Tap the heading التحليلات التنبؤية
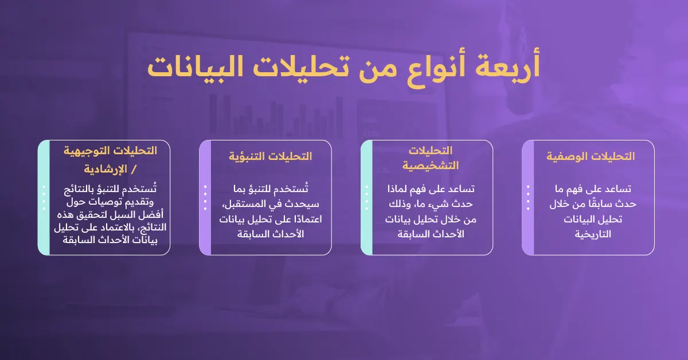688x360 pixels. (270, 156)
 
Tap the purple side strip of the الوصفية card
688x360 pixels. (528, 197)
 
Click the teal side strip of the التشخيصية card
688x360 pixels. (366, 197)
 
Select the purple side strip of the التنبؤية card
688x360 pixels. (205, 197)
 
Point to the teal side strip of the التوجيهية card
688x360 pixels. (44, 197)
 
